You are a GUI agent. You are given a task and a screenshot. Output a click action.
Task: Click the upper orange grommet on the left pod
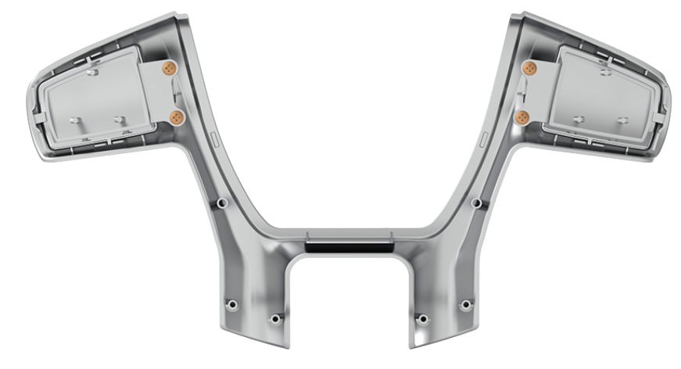pos(167,69)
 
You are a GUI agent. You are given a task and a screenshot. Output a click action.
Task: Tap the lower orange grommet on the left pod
pos(177,117)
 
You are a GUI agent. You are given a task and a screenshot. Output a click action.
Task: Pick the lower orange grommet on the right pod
pos(522,117)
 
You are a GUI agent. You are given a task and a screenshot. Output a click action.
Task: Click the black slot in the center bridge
pos(349,248)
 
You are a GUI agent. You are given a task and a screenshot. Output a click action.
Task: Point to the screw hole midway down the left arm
pos(222,203)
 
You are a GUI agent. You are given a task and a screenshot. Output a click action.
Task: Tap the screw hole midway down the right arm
pos(476,203)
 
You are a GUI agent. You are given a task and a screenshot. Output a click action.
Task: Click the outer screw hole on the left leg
pos(231,304)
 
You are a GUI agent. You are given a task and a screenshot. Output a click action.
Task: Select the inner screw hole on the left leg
pos(274,319)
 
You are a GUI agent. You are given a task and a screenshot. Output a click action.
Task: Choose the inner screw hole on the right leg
pos(422,319)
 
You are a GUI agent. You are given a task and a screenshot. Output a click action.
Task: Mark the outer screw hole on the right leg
pos(466,304)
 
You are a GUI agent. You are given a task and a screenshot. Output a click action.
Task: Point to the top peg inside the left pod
pos(91,72)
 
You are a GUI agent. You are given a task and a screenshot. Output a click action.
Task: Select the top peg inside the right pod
pos(606,72)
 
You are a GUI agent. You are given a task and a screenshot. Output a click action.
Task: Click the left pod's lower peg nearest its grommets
pos(120,120)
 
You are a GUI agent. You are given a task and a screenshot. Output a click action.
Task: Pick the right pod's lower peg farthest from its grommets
pos(623,120)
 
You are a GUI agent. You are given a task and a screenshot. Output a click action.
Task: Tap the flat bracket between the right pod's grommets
pos(536,92)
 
